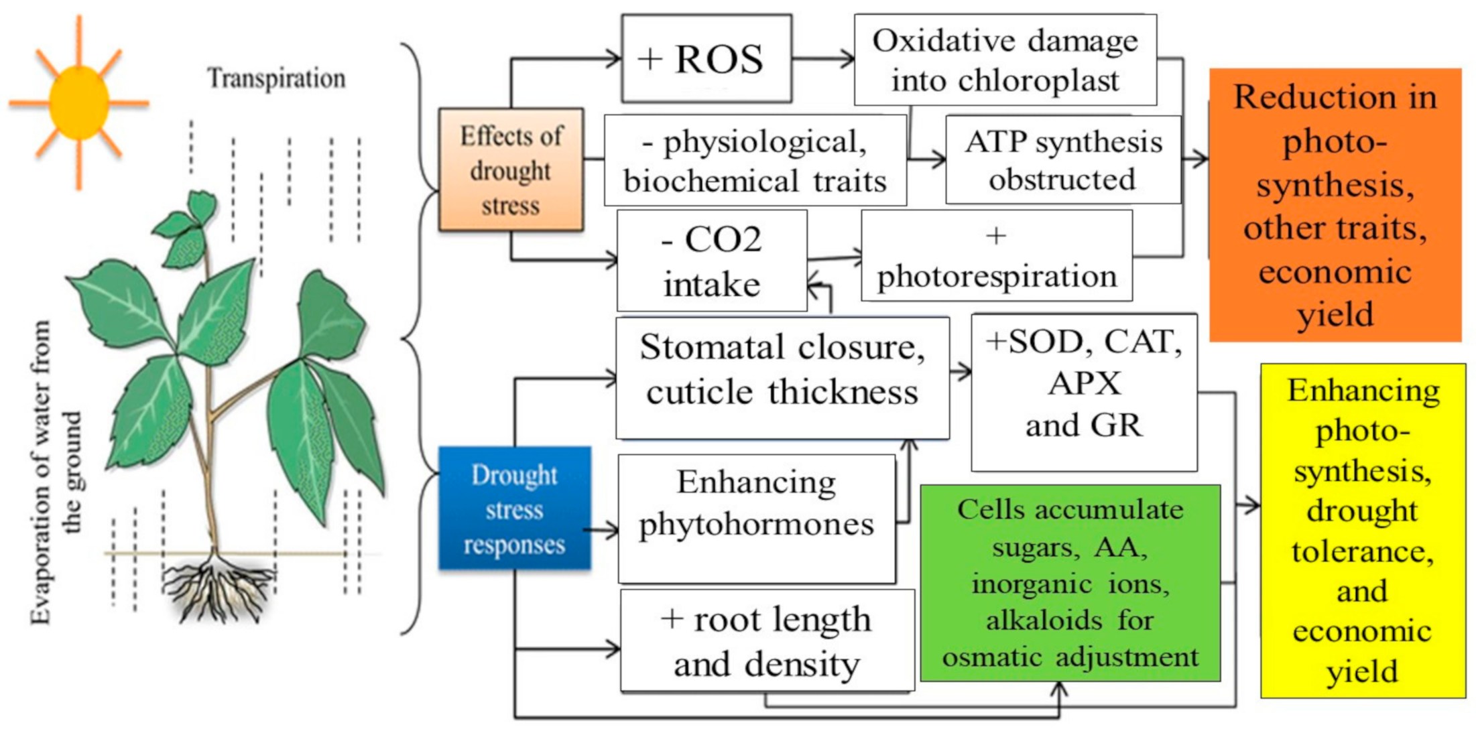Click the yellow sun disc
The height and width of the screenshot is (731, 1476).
pyautogui.click(x=79, y=103)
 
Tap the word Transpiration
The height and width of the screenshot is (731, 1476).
pyautogui.click(x=276, y=78)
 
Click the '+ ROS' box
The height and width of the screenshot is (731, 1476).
pyautogui.click(x=706, y=59)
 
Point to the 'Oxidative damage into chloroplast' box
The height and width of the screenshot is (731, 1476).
pyautogui.click(x=1005, y=60)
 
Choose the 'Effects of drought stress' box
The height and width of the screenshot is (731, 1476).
pyautogui.click(x=511, y=170)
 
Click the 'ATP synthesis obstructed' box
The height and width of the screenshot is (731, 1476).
pyautogui.click(x=1062, y=160)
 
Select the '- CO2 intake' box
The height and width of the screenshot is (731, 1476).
pyautogui.click(x=711, y=261)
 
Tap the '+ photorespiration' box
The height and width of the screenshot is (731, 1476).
pyautogui.click(x=997, y=256)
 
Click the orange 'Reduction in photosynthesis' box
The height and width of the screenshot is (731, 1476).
pyautogui.click(x=1335, y=204)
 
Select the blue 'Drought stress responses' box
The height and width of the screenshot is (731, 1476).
pyautogui.click(x=514, y=509)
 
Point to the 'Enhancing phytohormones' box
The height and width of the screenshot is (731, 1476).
pyautogui.click(x=756, y=519)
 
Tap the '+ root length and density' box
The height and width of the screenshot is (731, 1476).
pyautogui.click(x=767, y=641)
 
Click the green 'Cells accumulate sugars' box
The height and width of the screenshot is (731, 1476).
pyautogui.click(x=1070, y=583)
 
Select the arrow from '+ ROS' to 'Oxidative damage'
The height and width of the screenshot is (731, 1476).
pyautogui.click(x=823, y=59)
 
